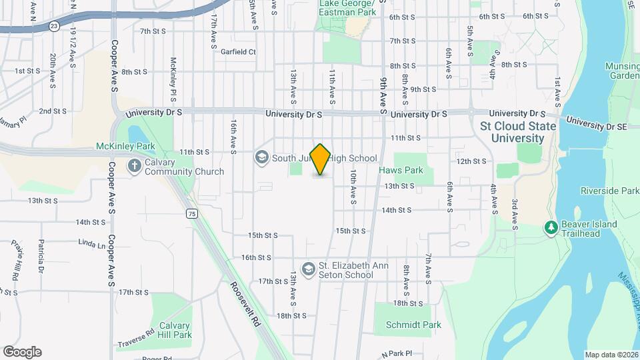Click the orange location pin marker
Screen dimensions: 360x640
(x=321, y=159)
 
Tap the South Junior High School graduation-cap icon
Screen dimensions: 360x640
(x=261, y=158)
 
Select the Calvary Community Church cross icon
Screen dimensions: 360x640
(x=134, y=165)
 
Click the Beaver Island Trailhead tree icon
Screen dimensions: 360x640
(x=551, y=228)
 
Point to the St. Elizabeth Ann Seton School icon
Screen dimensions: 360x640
(x=308, y=269)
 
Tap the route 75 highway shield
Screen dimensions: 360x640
(x=192, y=213)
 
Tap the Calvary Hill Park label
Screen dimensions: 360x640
(x=175, y=330)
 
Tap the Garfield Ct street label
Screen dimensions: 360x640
(x=239, y=51)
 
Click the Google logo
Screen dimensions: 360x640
(x=22, y=352)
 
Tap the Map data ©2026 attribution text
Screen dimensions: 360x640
(x=611, y=355)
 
